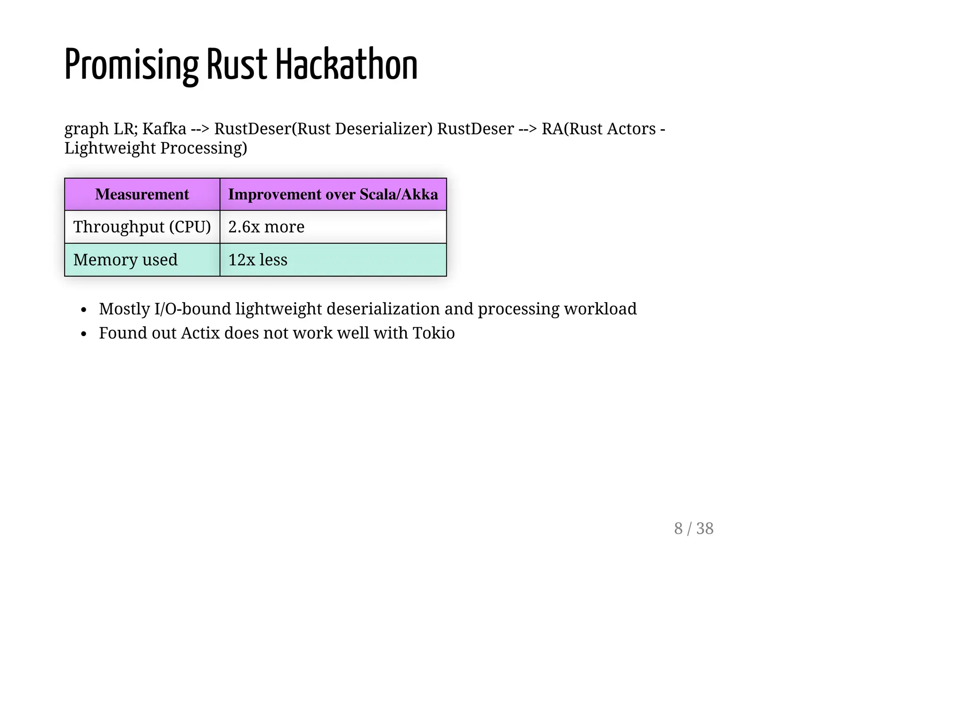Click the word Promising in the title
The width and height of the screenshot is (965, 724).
[131, 65]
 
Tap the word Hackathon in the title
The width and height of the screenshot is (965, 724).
[346, 65]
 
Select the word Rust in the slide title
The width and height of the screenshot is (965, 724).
[237, 65]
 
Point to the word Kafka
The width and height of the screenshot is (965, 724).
[164, 129]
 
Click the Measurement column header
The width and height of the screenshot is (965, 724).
[142, 194]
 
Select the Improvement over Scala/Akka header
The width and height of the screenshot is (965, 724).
[333, 194]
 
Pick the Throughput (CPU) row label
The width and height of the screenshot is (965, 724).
[142, 227]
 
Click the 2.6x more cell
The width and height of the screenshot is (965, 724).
[266, 227]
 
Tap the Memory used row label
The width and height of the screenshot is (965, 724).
[125, 260]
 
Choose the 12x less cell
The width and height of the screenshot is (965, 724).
[258, 260]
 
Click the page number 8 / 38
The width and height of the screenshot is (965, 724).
[694, 528]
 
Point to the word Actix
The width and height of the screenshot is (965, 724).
[200, 333]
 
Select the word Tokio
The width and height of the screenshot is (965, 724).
[433, 333]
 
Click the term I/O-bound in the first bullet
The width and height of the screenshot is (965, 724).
[192, 309]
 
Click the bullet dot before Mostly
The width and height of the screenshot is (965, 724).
[84, 310]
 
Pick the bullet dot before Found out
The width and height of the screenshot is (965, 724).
[84, 334]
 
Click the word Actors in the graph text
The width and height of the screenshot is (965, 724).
[631, 129]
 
